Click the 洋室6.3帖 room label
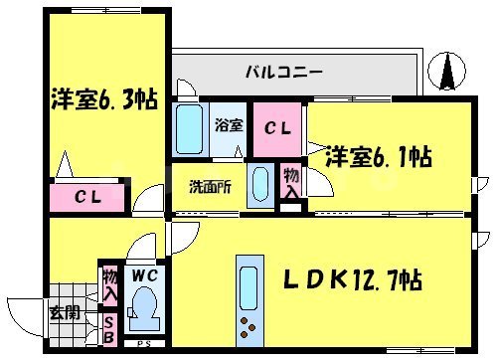pyautogui.click(x=103, y=99)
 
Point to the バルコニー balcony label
pyautogui.click(x=283, y=73)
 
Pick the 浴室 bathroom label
pyautogui.click(x=227, y=125)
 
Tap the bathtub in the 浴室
pyautogui.click(x=190, y=129)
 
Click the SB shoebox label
pyautogui.click(x=108, y=329)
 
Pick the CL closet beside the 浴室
pyautogui.click(x=277, y=128)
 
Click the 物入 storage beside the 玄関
pyautogui.click(x=108, y=286)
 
